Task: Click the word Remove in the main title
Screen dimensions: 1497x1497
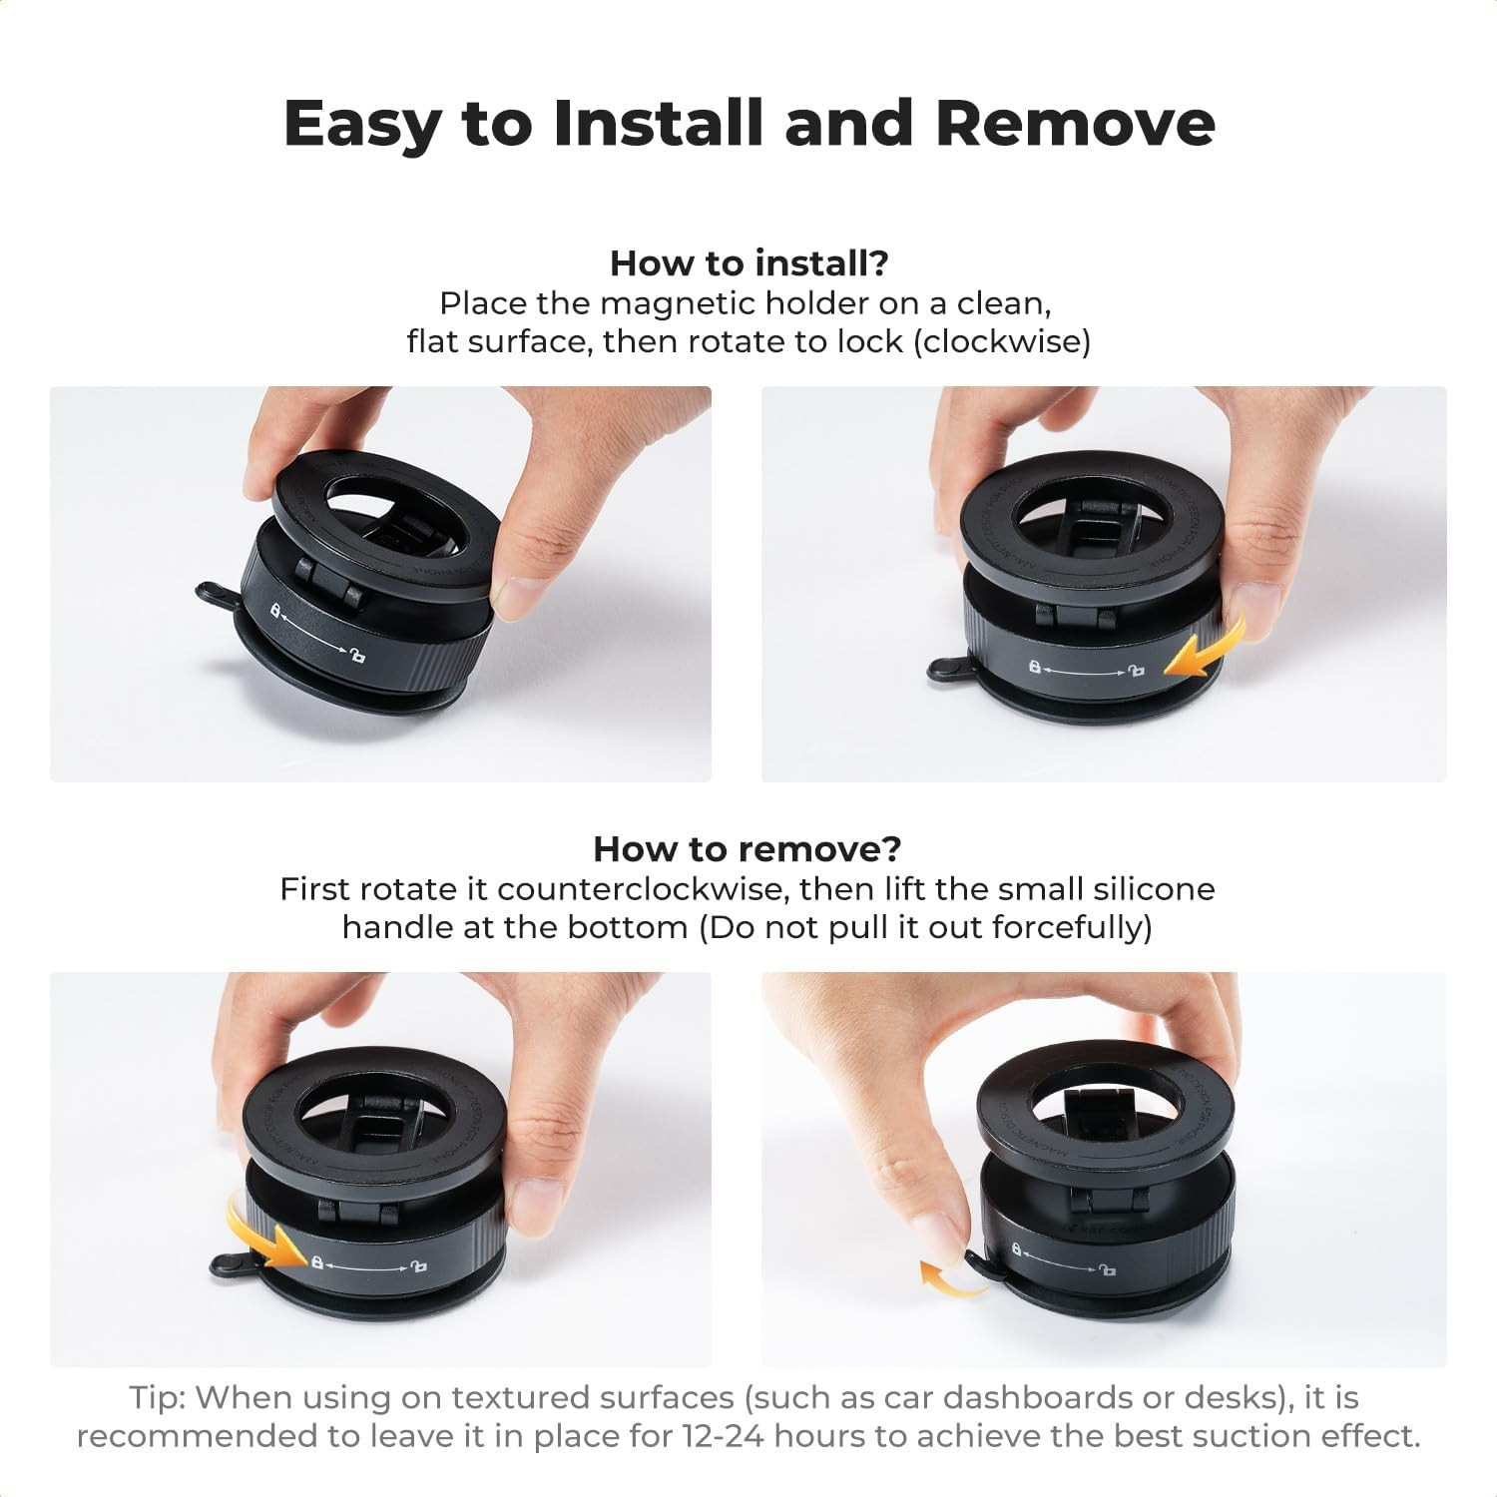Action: point(1075,124)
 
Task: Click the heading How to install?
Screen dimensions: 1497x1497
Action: point(748,263)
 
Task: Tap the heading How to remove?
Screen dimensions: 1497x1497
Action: point(747,849)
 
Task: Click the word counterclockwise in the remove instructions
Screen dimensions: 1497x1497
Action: point(644,889)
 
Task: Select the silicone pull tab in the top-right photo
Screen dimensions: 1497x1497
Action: point(949,669)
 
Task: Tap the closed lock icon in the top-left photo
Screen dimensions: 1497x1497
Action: point(275,609)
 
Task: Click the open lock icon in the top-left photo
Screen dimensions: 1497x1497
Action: point(356,656)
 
